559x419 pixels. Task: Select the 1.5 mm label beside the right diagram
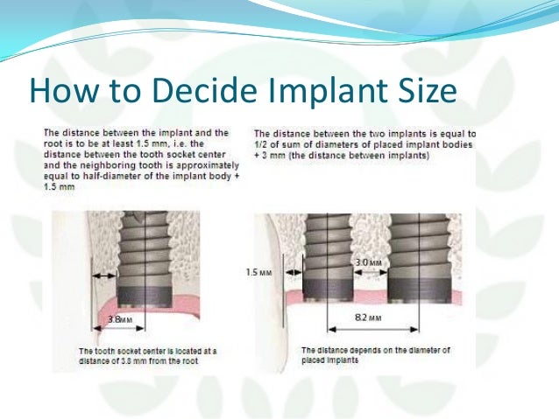pyautogui.click(x=253, y=273)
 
